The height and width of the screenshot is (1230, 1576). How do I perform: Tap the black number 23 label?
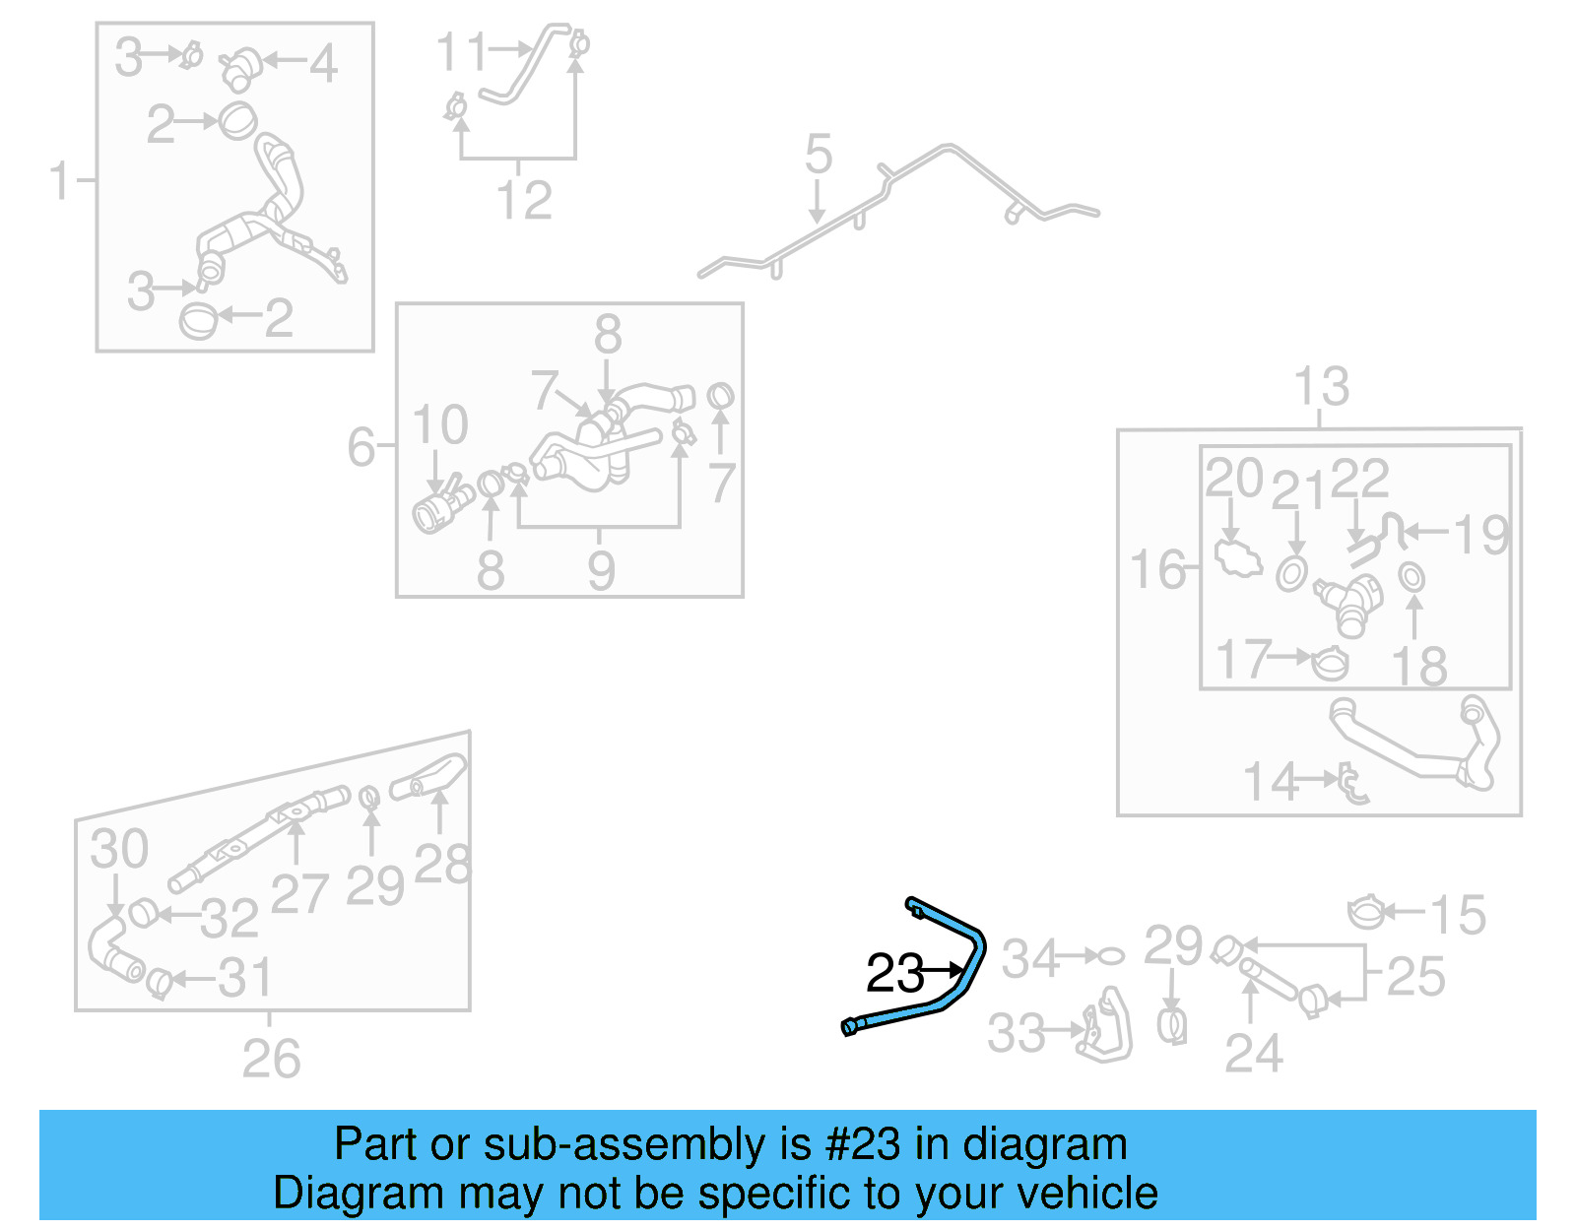tap(894, 974)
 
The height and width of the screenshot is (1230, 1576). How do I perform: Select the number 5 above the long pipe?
tap(818, 156)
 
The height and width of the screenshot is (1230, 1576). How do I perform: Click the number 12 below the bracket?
tap(524, 201)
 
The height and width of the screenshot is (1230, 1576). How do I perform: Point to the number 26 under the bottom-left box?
tap(271, 1060)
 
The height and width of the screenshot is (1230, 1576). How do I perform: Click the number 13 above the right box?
tap(1321, 387)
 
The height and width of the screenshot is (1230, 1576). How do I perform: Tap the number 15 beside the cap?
tap(1458, 916)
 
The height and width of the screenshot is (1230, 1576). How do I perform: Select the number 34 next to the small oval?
tap(1029, 958)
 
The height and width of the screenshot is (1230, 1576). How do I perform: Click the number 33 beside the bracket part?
tap(1016, 1034)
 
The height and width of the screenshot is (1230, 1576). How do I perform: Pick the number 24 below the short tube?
tap(1253, 1054)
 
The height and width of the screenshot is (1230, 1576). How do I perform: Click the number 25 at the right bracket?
tap(1415, 977)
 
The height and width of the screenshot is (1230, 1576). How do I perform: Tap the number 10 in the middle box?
tap(439, 425)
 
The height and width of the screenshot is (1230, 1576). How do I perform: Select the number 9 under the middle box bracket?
tap(601, 571)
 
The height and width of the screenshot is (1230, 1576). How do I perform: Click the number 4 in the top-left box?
tap(323, 64)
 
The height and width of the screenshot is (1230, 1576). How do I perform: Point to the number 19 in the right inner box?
tap(1480, 536)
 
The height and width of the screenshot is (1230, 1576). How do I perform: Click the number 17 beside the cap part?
tap(1244, 660)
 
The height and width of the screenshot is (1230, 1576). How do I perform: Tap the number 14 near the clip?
tap(1271, 783)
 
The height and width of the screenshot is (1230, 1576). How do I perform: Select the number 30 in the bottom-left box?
tap(119, 849)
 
